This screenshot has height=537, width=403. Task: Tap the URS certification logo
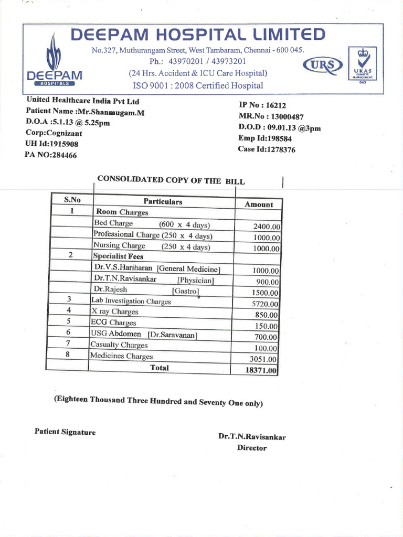click(323, 66)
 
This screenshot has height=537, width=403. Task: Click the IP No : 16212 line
click(262, 105)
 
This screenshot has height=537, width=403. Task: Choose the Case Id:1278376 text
click(267, 150)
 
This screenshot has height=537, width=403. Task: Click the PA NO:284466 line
click(50, 155)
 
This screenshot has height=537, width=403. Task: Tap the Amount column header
click(259, 205)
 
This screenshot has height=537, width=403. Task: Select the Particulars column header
click(163, 201)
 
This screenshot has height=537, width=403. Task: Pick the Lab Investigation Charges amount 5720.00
click(265, 304)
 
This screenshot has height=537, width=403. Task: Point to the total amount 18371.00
click(261, 370)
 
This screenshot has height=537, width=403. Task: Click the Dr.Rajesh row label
click(110, 289)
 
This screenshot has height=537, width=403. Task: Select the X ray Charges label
click(114, 312)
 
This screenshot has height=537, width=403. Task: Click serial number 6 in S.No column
click(68, 332)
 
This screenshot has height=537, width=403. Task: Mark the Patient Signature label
click(65, 432)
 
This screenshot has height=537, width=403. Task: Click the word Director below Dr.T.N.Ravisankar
click(252, 448)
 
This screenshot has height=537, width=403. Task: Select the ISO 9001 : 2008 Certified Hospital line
click(198, 85)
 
